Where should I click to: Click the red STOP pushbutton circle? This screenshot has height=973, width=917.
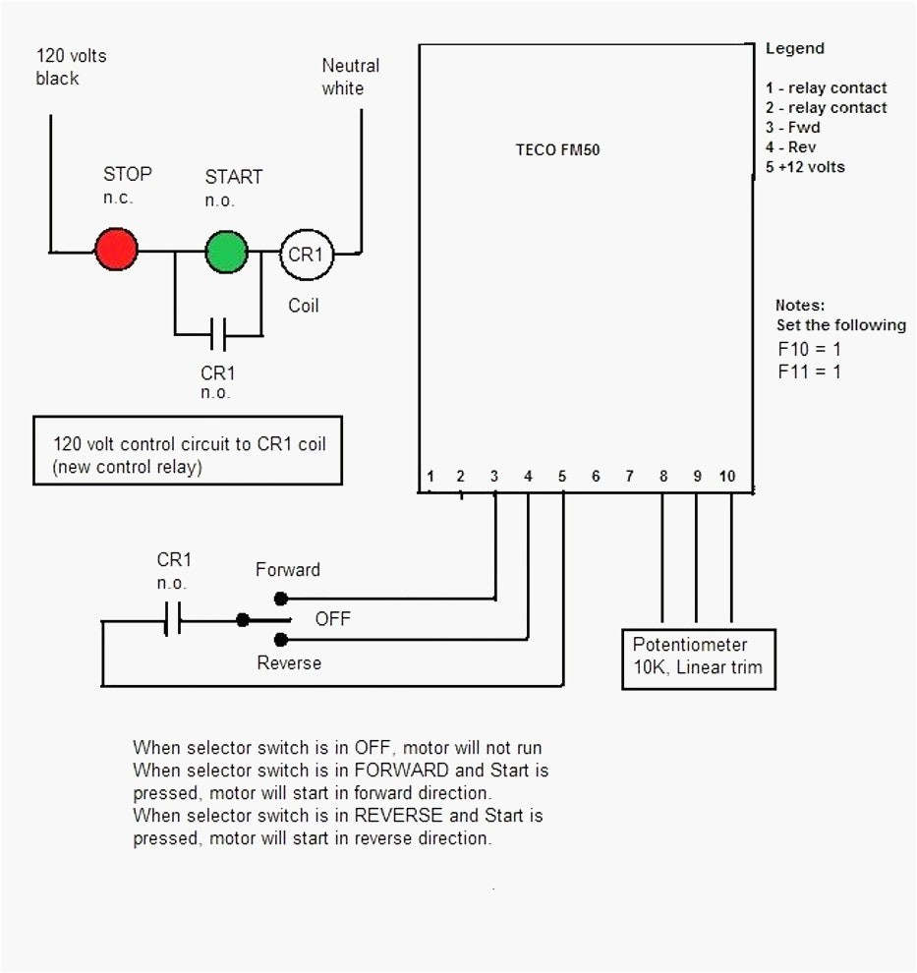click(x=116, y=250)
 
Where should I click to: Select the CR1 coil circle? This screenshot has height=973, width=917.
click(x=306, y=255)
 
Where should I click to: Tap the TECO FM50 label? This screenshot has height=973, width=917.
click(x=557, y=150)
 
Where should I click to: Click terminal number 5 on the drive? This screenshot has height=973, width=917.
click(x=562, y=477)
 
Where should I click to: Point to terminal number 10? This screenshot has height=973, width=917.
click(x=726, y=477)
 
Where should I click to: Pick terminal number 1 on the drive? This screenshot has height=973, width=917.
click(x=430, y=477)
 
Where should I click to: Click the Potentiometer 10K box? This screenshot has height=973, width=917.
click(x=699, y=658)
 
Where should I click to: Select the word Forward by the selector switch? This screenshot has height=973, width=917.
click(x=287, y=570)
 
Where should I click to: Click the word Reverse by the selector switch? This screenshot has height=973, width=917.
click(x=289, y=663)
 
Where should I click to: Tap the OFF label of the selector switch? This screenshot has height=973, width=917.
click(x=332, y=620)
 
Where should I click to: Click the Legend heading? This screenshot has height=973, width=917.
click(x=794, y=48)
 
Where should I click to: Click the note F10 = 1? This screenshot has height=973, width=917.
click(x=809, y=349)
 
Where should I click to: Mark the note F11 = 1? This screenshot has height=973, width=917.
click(x=809, y=372)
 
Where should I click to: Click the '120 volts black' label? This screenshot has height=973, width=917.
click(x=71, y=67)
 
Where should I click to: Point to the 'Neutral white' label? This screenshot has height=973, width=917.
click(x=350, y=77)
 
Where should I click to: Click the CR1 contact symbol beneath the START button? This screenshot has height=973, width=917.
click(x=218, y=334)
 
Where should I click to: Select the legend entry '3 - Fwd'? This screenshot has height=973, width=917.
click(x=792, y=127)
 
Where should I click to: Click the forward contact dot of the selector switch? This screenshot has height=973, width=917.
click(x=280, y=598)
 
